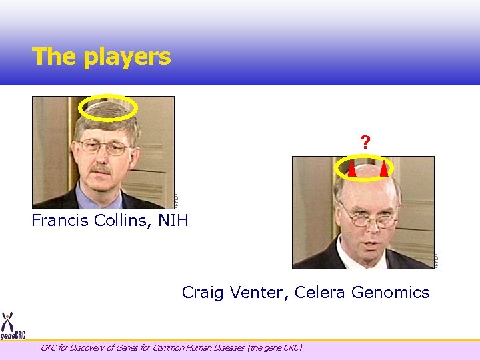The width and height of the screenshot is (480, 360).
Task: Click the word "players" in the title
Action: pos(127,57)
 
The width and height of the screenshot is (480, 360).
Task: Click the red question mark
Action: pos(365,143)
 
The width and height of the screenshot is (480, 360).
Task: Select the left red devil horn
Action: pos(351,169)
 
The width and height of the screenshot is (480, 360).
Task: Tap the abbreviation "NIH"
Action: pos(173,221)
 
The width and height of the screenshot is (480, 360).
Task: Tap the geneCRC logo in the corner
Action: pos(11,326)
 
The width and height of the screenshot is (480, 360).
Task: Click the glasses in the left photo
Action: pos(105,147)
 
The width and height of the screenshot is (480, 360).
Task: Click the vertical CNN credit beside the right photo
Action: pos(437,261)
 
